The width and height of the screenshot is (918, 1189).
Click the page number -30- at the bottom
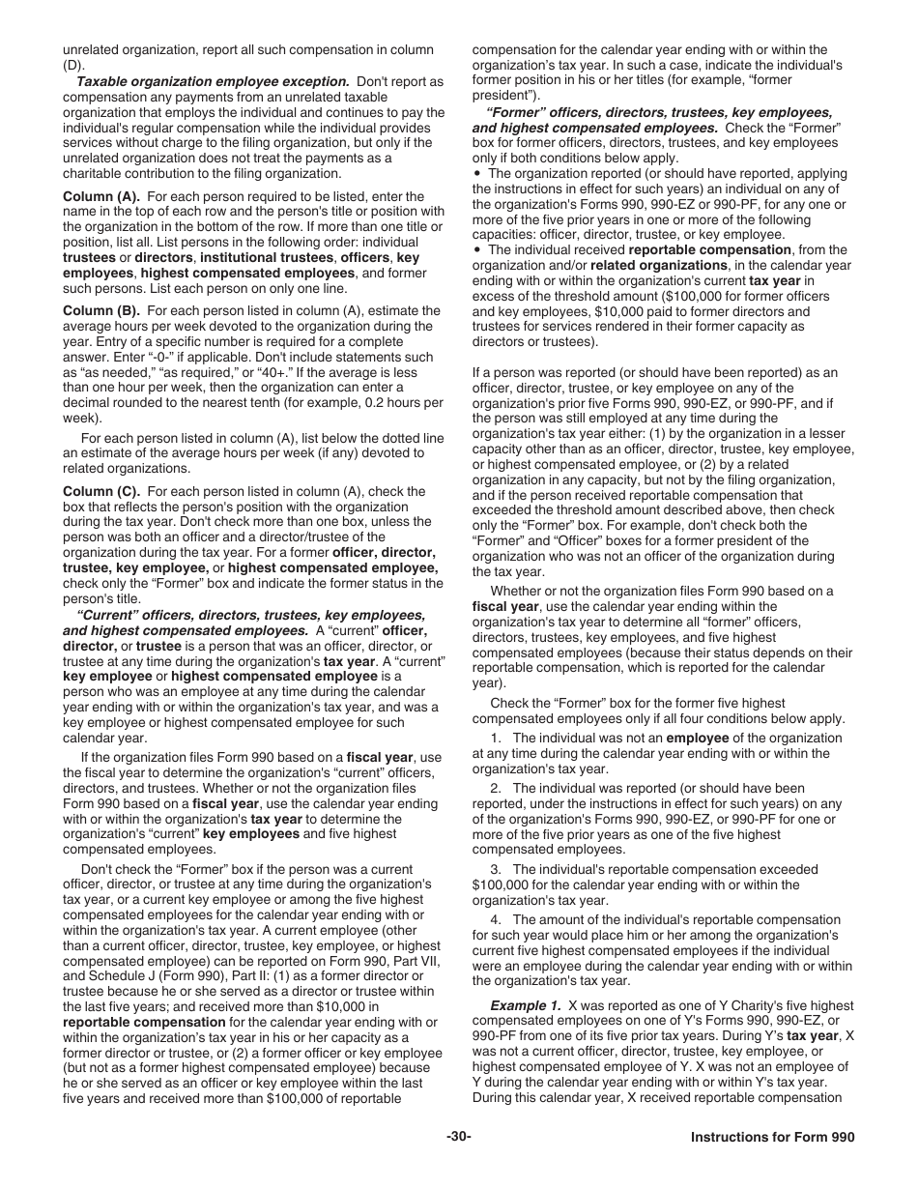459,1138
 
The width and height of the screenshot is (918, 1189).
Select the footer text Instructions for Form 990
772,1138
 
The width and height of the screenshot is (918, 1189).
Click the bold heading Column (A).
101,196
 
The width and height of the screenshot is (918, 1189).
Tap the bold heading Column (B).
101,311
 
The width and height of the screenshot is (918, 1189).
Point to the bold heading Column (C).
101,491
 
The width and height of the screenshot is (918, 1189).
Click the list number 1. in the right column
496,738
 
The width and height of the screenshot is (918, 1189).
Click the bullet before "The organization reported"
477,174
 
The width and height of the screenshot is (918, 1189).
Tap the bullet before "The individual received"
477,250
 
